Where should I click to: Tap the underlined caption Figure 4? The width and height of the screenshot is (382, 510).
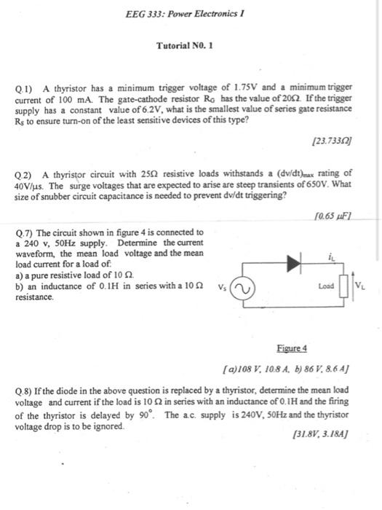pyautogui.click(x=293, y=349)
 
